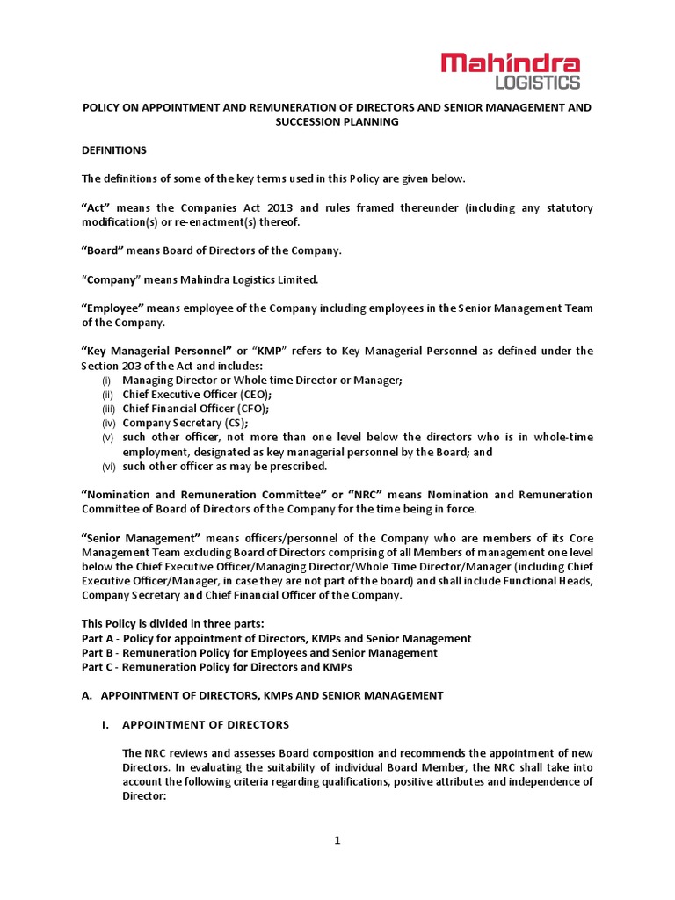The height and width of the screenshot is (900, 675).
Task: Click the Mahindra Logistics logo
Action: [510, 69]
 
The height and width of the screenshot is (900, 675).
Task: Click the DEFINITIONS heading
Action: [113, 150]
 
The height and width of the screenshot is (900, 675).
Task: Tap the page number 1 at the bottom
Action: [337, 839]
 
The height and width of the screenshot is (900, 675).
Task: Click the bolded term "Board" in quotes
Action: [103, 250]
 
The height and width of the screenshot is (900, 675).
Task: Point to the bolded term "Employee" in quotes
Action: [112, 308]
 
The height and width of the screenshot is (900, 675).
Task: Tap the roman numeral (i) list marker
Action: [106, 380]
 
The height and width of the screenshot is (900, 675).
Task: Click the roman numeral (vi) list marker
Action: [107, 466]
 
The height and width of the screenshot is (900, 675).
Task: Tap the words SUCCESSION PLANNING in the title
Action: [337, 121]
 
